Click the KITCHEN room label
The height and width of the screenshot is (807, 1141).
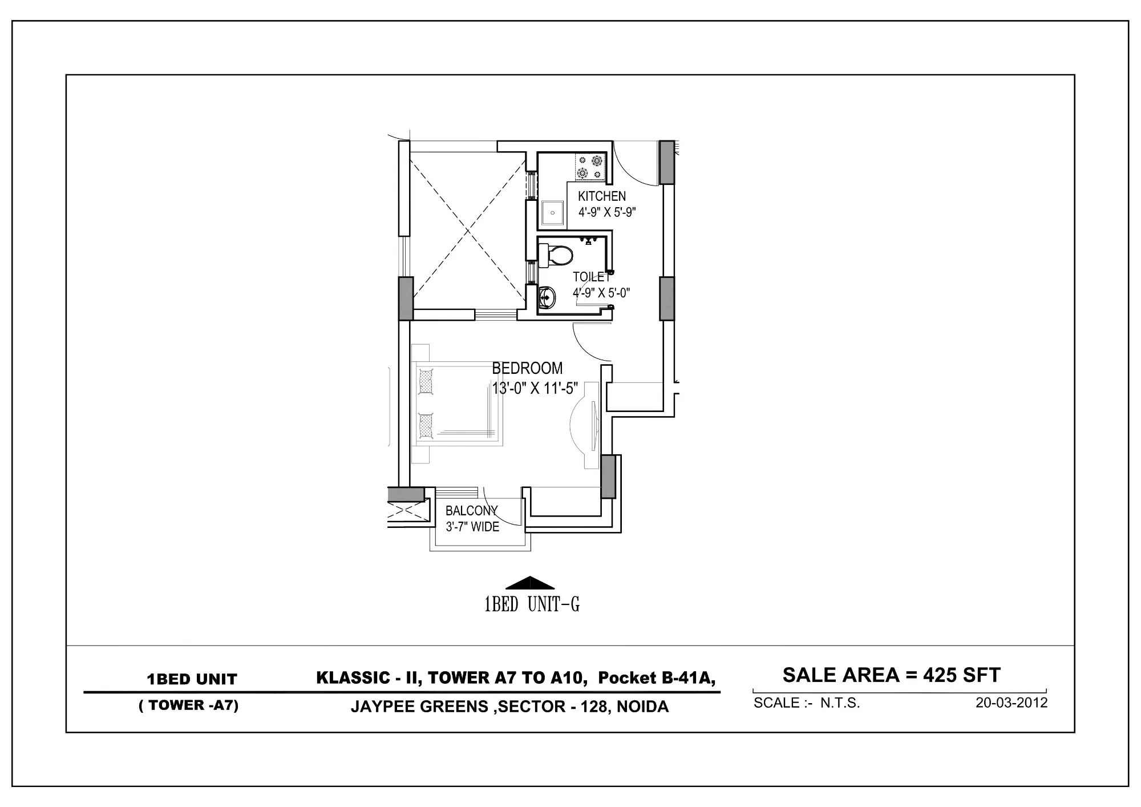click(x=601, y=196)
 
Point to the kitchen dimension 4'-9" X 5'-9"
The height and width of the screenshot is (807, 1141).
click(x=606, y=212)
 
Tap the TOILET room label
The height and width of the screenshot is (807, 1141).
click(x=591, y=277)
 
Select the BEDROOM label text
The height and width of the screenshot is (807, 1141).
click(x=527, y=368)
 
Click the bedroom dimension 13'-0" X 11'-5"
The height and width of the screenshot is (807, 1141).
click(x=535, y=389)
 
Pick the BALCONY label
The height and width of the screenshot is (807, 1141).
click(x=471, y=511)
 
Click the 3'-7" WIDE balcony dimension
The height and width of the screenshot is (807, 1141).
click(x=472, y=527)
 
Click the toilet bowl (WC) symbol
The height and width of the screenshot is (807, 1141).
click(x=557, y=255)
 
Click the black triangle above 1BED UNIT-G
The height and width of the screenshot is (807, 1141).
click(x=530, y=583)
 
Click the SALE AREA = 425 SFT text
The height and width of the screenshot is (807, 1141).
click(x=891, y=675)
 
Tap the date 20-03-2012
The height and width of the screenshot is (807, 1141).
click(x=1011, y=703)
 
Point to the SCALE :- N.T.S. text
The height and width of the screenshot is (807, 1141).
click(x=806, y=703)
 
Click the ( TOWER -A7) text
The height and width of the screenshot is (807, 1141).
click(x=189, y=705)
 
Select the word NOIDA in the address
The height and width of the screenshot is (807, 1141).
click(x=642, y=707)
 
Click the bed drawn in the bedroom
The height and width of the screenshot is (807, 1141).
click(x=456, y=404)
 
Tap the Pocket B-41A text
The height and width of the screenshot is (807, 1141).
click(x=656, y=678)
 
